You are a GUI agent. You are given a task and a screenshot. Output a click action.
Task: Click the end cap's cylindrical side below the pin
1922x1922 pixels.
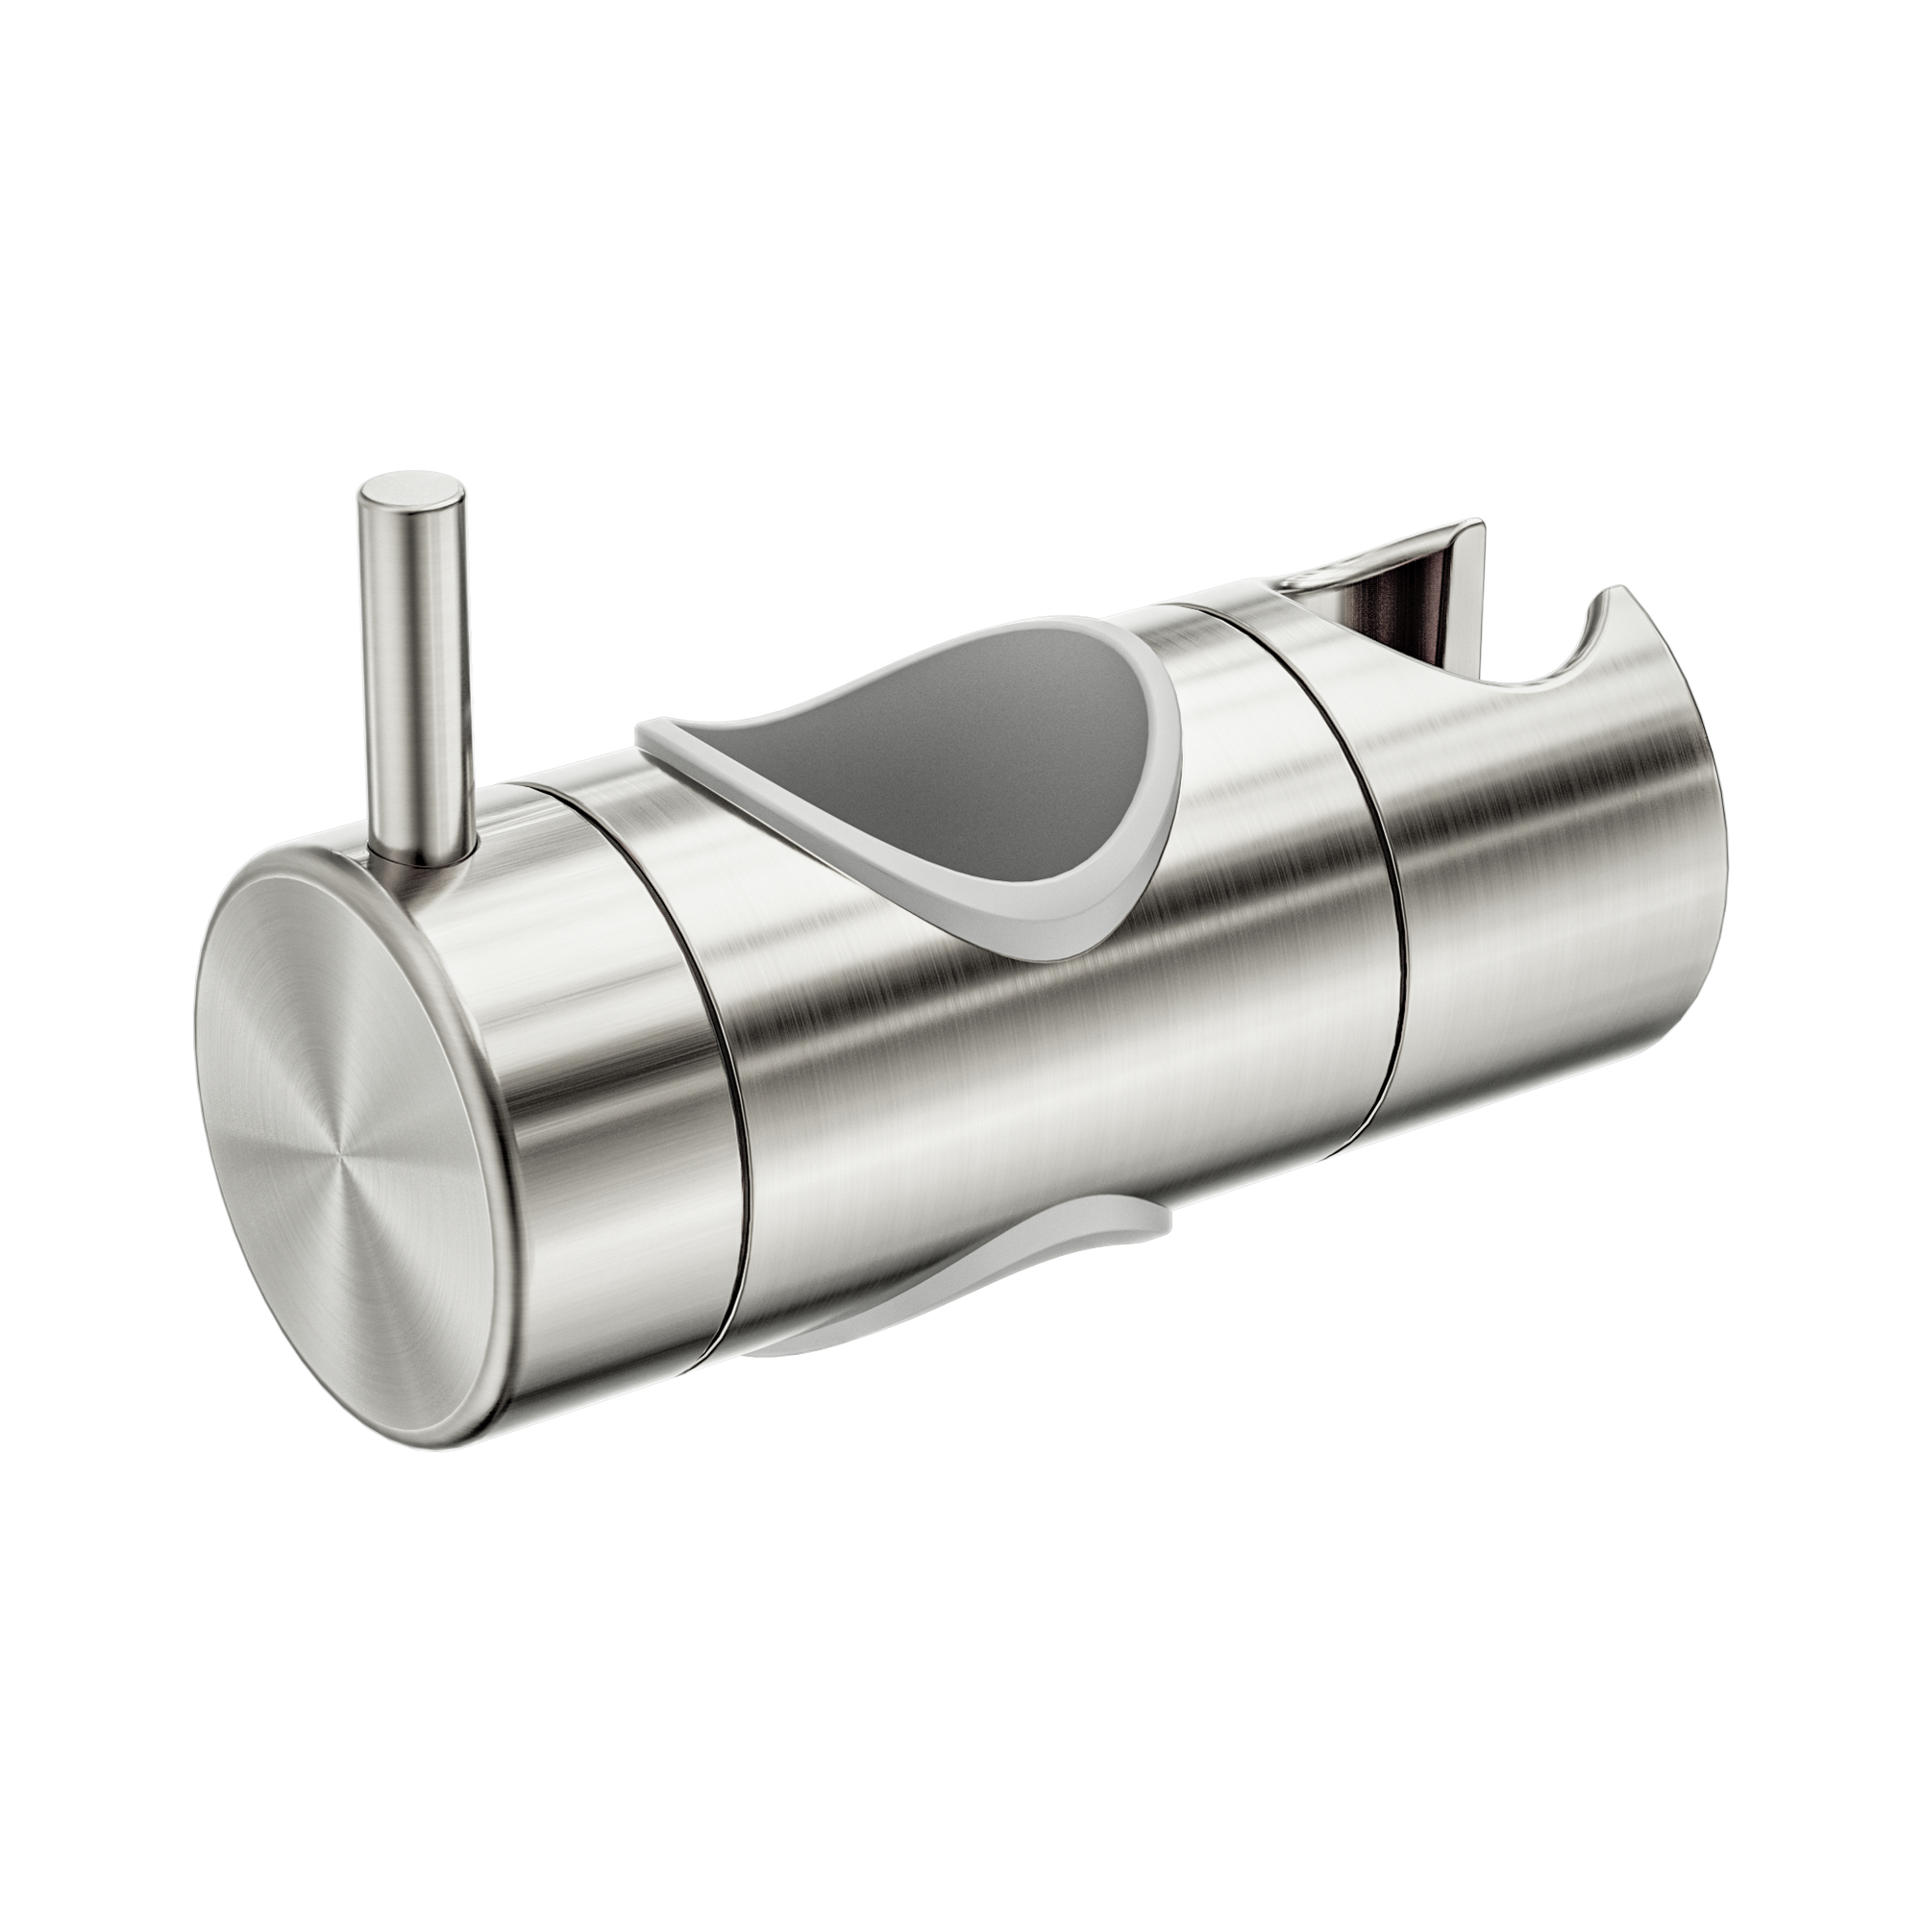pos(587,1045)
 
